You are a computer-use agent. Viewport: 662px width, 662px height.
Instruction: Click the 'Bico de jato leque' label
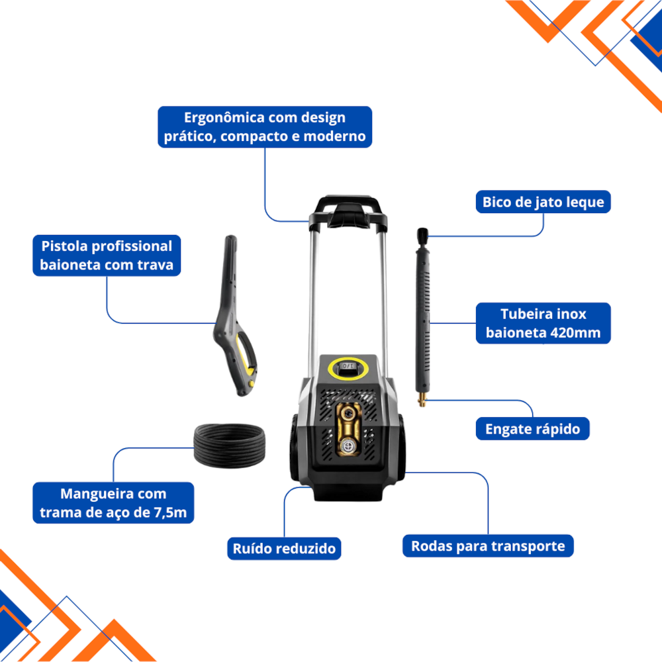click(543, 202)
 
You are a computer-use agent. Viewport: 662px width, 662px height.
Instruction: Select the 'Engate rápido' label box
click(532, 428)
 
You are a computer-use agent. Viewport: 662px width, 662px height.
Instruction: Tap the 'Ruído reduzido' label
click(284, 548)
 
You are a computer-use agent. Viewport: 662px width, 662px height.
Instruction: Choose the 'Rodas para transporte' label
click(488, 546)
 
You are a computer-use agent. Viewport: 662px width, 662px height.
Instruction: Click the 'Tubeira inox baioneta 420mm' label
click(543, 324)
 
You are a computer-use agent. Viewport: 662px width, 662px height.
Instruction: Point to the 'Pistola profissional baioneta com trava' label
click(107, 256)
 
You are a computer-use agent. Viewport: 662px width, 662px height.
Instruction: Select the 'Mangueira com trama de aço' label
click(113, 503)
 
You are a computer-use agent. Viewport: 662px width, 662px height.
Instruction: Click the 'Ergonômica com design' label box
click(265, 127)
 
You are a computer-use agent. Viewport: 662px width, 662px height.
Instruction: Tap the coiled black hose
click(229, 446)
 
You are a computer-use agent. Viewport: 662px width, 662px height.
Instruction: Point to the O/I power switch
click(348, 365)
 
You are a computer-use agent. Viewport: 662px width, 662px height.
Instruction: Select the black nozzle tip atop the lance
click(422, 235)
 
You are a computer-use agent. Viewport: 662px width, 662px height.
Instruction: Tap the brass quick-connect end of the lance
click(422, 399)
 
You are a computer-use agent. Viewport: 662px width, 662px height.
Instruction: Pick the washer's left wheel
click(297, 448)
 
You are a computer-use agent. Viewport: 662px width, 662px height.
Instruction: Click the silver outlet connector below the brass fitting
click(348, 446)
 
